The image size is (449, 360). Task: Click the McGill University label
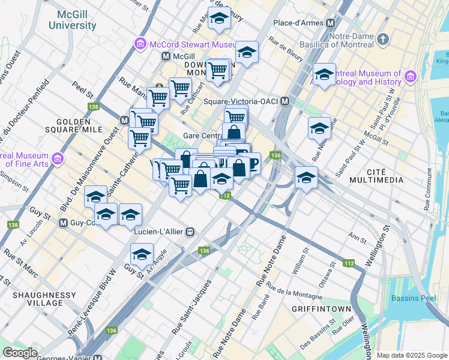click(x=72, y=20)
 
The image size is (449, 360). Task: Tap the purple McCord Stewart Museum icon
click(x=140, y=44)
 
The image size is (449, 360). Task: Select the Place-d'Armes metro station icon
click(x=330, y=23)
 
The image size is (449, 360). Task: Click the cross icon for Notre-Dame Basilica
click(x=383, y=39)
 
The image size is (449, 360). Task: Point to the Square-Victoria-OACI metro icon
click(x=286, y=101)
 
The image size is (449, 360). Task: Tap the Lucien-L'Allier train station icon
click(x=190, y=231)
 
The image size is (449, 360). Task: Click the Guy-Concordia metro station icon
click(x=62, y=223)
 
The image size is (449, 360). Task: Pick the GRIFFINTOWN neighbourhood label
click(x=321, y=309)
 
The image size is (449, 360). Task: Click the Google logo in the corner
click(x=20, y=353)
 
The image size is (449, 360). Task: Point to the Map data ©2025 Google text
click(x=411, y=355)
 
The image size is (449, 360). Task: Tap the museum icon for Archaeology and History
click(x=411, y=77)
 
